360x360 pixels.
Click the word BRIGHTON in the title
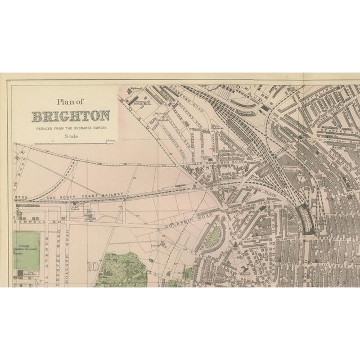click(71, 117)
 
